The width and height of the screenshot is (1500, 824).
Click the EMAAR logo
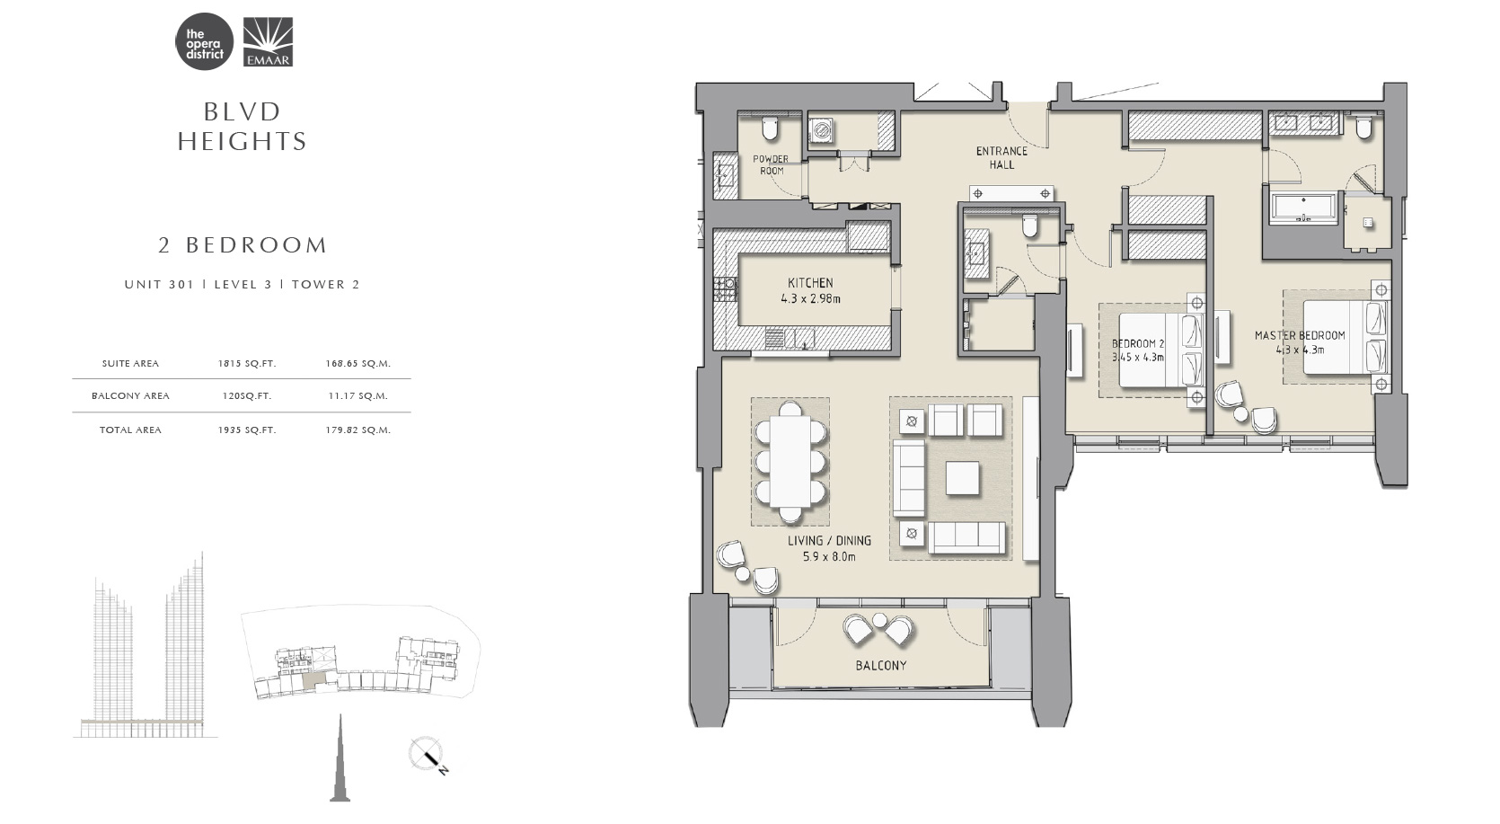pyautogui.click(x=267, y=42)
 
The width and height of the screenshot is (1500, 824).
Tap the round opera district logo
pyautogui.click(x=204, y=41)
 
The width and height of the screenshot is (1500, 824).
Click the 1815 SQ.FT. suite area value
pyautogui.click(x=246, y=364)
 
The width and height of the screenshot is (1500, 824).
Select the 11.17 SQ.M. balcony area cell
pyautogui.click(x=357, y=396)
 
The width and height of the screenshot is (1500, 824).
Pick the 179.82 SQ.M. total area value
pyautogui.click(x=357, y=430)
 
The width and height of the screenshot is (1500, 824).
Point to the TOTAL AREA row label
pyautogui.click(x=130, y=430)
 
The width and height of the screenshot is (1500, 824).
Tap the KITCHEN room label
pyautogui.click(x=810, y=283)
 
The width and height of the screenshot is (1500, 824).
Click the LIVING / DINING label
pyautogui.click(x=830, y=541)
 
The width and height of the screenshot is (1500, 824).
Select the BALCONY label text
pyautogui.click(x=880, y=665)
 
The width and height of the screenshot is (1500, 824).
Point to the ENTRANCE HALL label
pyautogui.click(x=1001, y=158)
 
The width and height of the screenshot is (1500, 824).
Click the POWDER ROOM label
pyautogui.click(x=771, y=164)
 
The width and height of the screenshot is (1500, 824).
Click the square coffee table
pyautogui.click(x=962, y=478)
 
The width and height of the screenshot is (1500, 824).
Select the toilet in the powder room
pyautogui.click(x=770, y=128)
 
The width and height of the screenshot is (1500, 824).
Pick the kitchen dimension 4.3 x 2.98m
pyautogui.click(x=810, y=299)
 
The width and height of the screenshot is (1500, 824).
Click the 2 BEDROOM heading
pyautogui.click(x=243, y=245)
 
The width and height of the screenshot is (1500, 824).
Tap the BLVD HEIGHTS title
pyautogui.click(x=243, y=127)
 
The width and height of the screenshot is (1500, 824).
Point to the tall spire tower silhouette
pyautogui.click(x=340, y=759)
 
